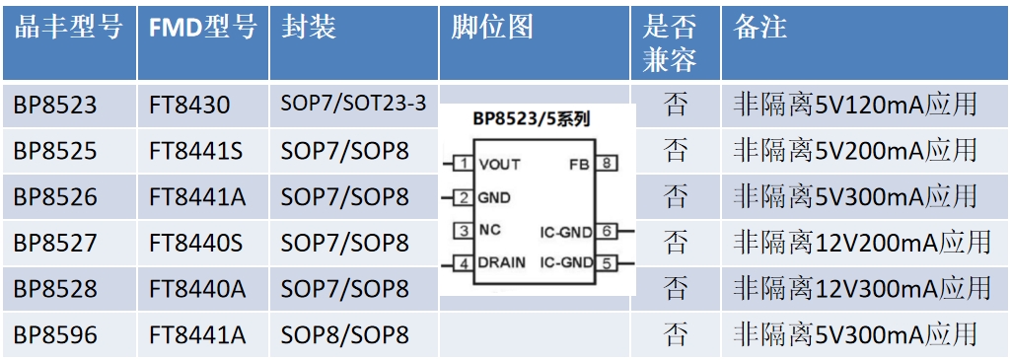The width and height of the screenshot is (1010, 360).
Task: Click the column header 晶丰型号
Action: [x=68, y=29]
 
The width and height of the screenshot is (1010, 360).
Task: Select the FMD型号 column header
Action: [x=203, y=29]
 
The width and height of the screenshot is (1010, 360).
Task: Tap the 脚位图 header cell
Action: [x=491, y=29]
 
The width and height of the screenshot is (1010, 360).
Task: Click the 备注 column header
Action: [x=760, y=29]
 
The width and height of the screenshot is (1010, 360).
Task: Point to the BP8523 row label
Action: [x=55, y=105]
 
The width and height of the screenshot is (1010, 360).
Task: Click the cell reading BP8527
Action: [x=55, y=243]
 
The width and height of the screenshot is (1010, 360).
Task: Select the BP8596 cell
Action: [x=55, y=335]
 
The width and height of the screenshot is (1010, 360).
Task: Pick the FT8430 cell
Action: [x=189, y=105]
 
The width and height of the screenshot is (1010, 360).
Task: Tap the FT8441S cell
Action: [x=196, y=151]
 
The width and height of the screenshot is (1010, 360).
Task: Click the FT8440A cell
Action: [x=197, y=289]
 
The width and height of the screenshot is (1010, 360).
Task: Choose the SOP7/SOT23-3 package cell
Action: [x=354, y=104]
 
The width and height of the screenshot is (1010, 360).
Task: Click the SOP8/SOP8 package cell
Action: [x=344, y=335]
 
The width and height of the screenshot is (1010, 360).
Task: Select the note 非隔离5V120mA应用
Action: [x=855, y=105]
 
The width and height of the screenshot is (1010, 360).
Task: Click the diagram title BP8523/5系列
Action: [x=533, y=119]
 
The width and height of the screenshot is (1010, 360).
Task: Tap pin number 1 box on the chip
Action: [x=463, y=164]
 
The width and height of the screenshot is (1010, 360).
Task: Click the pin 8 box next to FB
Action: [x=607, y=164]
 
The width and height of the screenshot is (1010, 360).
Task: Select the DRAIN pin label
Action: [x=501, y=262]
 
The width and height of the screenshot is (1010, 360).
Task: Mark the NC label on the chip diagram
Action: [x=489, y=230]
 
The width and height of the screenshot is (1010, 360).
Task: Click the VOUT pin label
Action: [x=498, y=165]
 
